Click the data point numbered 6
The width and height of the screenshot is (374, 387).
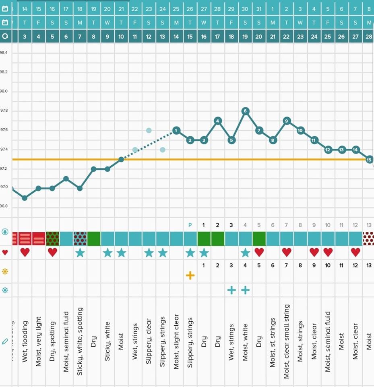(x=245, y=111)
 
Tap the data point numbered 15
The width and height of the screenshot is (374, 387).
(x=369, y=160)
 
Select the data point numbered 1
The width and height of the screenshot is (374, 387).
(x=176, y=130)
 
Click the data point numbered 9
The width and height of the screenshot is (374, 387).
(x=287, y=121)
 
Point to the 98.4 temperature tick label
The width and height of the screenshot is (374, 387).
(x=4, y=52)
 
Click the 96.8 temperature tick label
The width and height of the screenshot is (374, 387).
(x=4, y=206)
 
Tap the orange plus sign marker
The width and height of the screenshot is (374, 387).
(x=190, y=275)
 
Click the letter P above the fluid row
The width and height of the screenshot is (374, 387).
(x=190, y=225)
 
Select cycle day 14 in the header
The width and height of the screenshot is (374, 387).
(x=176, y=37)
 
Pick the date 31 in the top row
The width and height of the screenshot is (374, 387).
(x=259, y=8)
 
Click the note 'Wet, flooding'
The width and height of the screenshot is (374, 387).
(x=25, y=341)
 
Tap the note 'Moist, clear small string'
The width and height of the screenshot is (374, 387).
(x=287, y=341)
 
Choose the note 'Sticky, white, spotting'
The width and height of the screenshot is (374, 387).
(x=80, y=341)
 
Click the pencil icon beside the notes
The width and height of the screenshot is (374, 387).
(x=5, y=341)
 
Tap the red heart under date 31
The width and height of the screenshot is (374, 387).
(x=259, y=252)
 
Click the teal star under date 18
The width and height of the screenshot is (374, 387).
(x=80, y=253)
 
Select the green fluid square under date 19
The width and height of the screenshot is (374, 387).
(x=93, y=238)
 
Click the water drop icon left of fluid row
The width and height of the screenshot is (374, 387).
(x=5, y=232)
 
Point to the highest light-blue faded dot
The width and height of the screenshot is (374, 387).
(x=149, y=130)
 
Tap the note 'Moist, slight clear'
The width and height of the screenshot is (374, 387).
(x=176, y=341)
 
